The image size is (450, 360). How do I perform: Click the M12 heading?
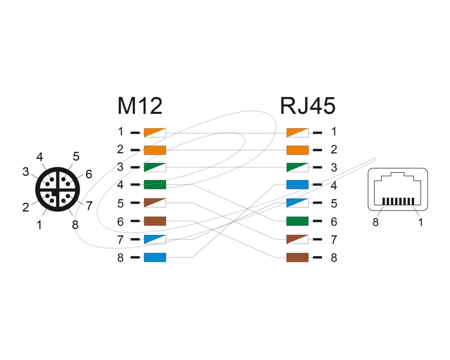pos(139,107)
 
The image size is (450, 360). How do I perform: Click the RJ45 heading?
pos(308,107)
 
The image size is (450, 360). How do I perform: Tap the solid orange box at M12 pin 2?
pos(155,150)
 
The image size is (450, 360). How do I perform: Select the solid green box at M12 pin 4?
pos(155,184)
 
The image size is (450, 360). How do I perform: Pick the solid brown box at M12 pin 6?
pos(155,221)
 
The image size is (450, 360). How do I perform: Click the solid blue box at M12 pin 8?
pos(155,257)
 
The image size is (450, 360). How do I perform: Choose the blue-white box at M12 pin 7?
pos(155,239)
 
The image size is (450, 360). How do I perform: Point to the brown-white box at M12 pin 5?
pos(155,203)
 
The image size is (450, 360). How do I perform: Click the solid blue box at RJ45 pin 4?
pos(297,184)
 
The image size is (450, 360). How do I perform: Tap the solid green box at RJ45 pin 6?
pos(297,221)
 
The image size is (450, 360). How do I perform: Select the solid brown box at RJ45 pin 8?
pos(297,257)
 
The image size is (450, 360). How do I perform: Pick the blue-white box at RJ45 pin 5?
pos(297,203)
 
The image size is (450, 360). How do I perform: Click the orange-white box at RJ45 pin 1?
pos(297,132)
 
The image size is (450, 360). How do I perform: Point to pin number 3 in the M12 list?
pos(120,167)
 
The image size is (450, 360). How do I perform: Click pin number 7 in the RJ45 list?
pos(333,240)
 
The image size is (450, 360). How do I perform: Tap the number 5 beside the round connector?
pos(76,157)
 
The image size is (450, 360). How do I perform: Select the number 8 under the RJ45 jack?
pos(376,222)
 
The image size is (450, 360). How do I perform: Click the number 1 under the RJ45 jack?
pos(421,222)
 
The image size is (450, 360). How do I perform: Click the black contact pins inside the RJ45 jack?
pos(398,201)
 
